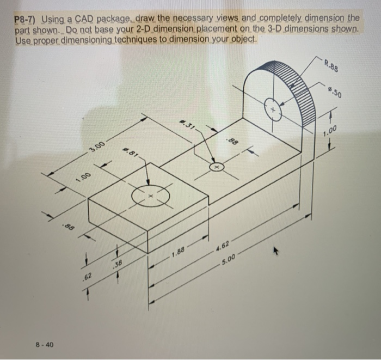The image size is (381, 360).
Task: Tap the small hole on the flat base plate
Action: pyautogui.click(x=217, y=166)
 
